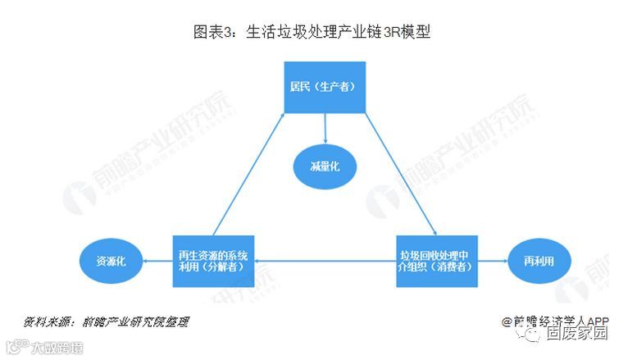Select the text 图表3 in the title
tap(212, 33)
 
